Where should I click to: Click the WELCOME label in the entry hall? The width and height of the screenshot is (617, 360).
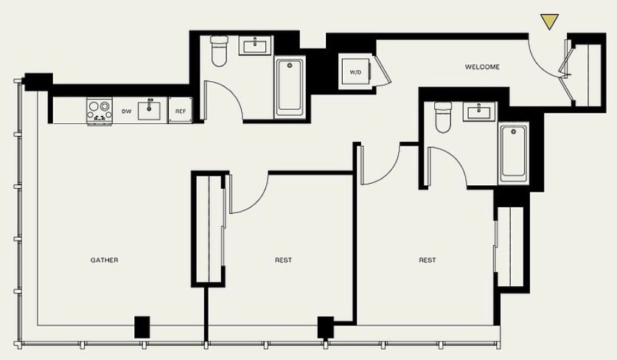coord(482,67)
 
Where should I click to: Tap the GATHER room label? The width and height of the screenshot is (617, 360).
coord(104,260)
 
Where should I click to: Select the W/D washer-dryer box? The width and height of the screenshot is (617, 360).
coord(355,72)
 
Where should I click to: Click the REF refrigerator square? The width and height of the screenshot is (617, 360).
coord(180,111)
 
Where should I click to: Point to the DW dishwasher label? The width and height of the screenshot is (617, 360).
coord(126,111)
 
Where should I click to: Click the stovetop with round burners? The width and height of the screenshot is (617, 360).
coord(100,111)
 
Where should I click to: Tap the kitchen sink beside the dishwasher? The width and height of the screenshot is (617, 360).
coord(149,110)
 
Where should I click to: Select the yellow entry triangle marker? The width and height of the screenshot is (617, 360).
coord(549,21)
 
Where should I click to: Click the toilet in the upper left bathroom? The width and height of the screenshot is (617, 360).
coord(219,51)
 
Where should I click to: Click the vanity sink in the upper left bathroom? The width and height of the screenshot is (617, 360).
coord(255,46)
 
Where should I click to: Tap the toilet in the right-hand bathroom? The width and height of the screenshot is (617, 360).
coord(443,117)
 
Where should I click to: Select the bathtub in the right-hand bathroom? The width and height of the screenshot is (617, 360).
coord(513,153)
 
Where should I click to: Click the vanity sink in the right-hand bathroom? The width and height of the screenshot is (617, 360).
coord(479,111)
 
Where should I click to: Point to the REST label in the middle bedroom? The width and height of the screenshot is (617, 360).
coord(283,260)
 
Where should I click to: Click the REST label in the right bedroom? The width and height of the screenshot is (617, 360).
coord(428,260)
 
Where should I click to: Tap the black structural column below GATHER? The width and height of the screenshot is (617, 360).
coord(142,327)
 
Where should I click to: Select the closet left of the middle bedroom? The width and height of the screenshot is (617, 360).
coord(209,229)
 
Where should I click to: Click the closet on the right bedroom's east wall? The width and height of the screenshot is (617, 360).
coord(510,246)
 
